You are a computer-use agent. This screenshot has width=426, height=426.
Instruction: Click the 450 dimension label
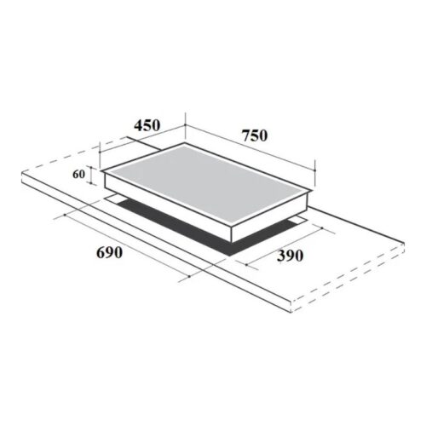pyautogui.click(x=147, y=125)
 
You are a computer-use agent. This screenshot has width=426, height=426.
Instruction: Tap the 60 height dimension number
pyautogui.click(x=78, y=174)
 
